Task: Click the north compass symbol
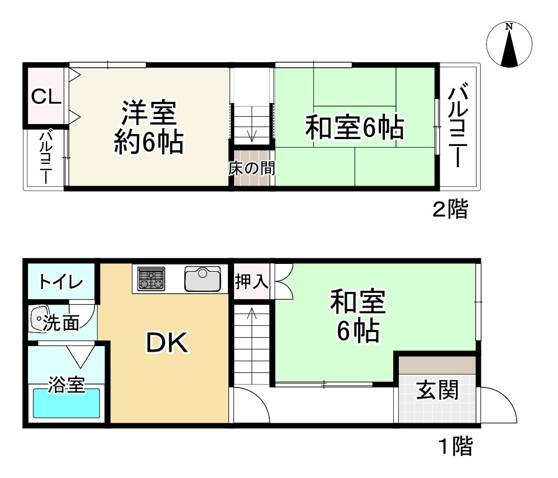(x=509, y=45)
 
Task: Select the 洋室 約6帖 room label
(x=149, y=127)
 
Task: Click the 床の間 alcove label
(x=251, y=168)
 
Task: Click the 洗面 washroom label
(x=61, y=323)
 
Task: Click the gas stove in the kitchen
(x=151, y=278)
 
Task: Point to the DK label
(x=168, y=343)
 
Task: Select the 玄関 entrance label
(x=438, y=390)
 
